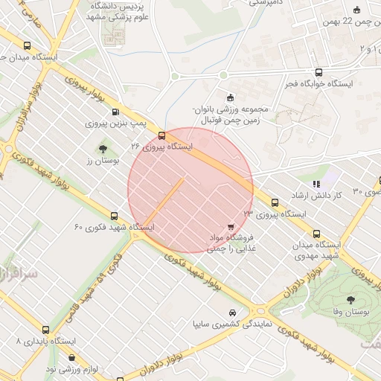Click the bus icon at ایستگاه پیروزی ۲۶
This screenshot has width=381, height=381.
tap(161, 135)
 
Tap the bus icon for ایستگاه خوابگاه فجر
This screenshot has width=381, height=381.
tap(319, 72)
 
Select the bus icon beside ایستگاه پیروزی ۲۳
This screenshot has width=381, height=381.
tap(275, 202)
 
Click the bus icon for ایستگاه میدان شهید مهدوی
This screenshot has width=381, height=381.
tap(318, 232)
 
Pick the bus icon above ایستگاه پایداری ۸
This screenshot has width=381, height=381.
tap(46, 329)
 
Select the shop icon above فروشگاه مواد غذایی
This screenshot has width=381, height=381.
tap(230, 226)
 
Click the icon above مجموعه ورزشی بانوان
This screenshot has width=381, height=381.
tap(230, 96)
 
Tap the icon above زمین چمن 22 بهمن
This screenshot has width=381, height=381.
tap(356, 10)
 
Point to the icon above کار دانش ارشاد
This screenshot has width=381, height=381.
tap(317, 183)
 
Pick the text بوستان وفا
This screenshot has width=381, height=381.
tap(350, 314)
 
